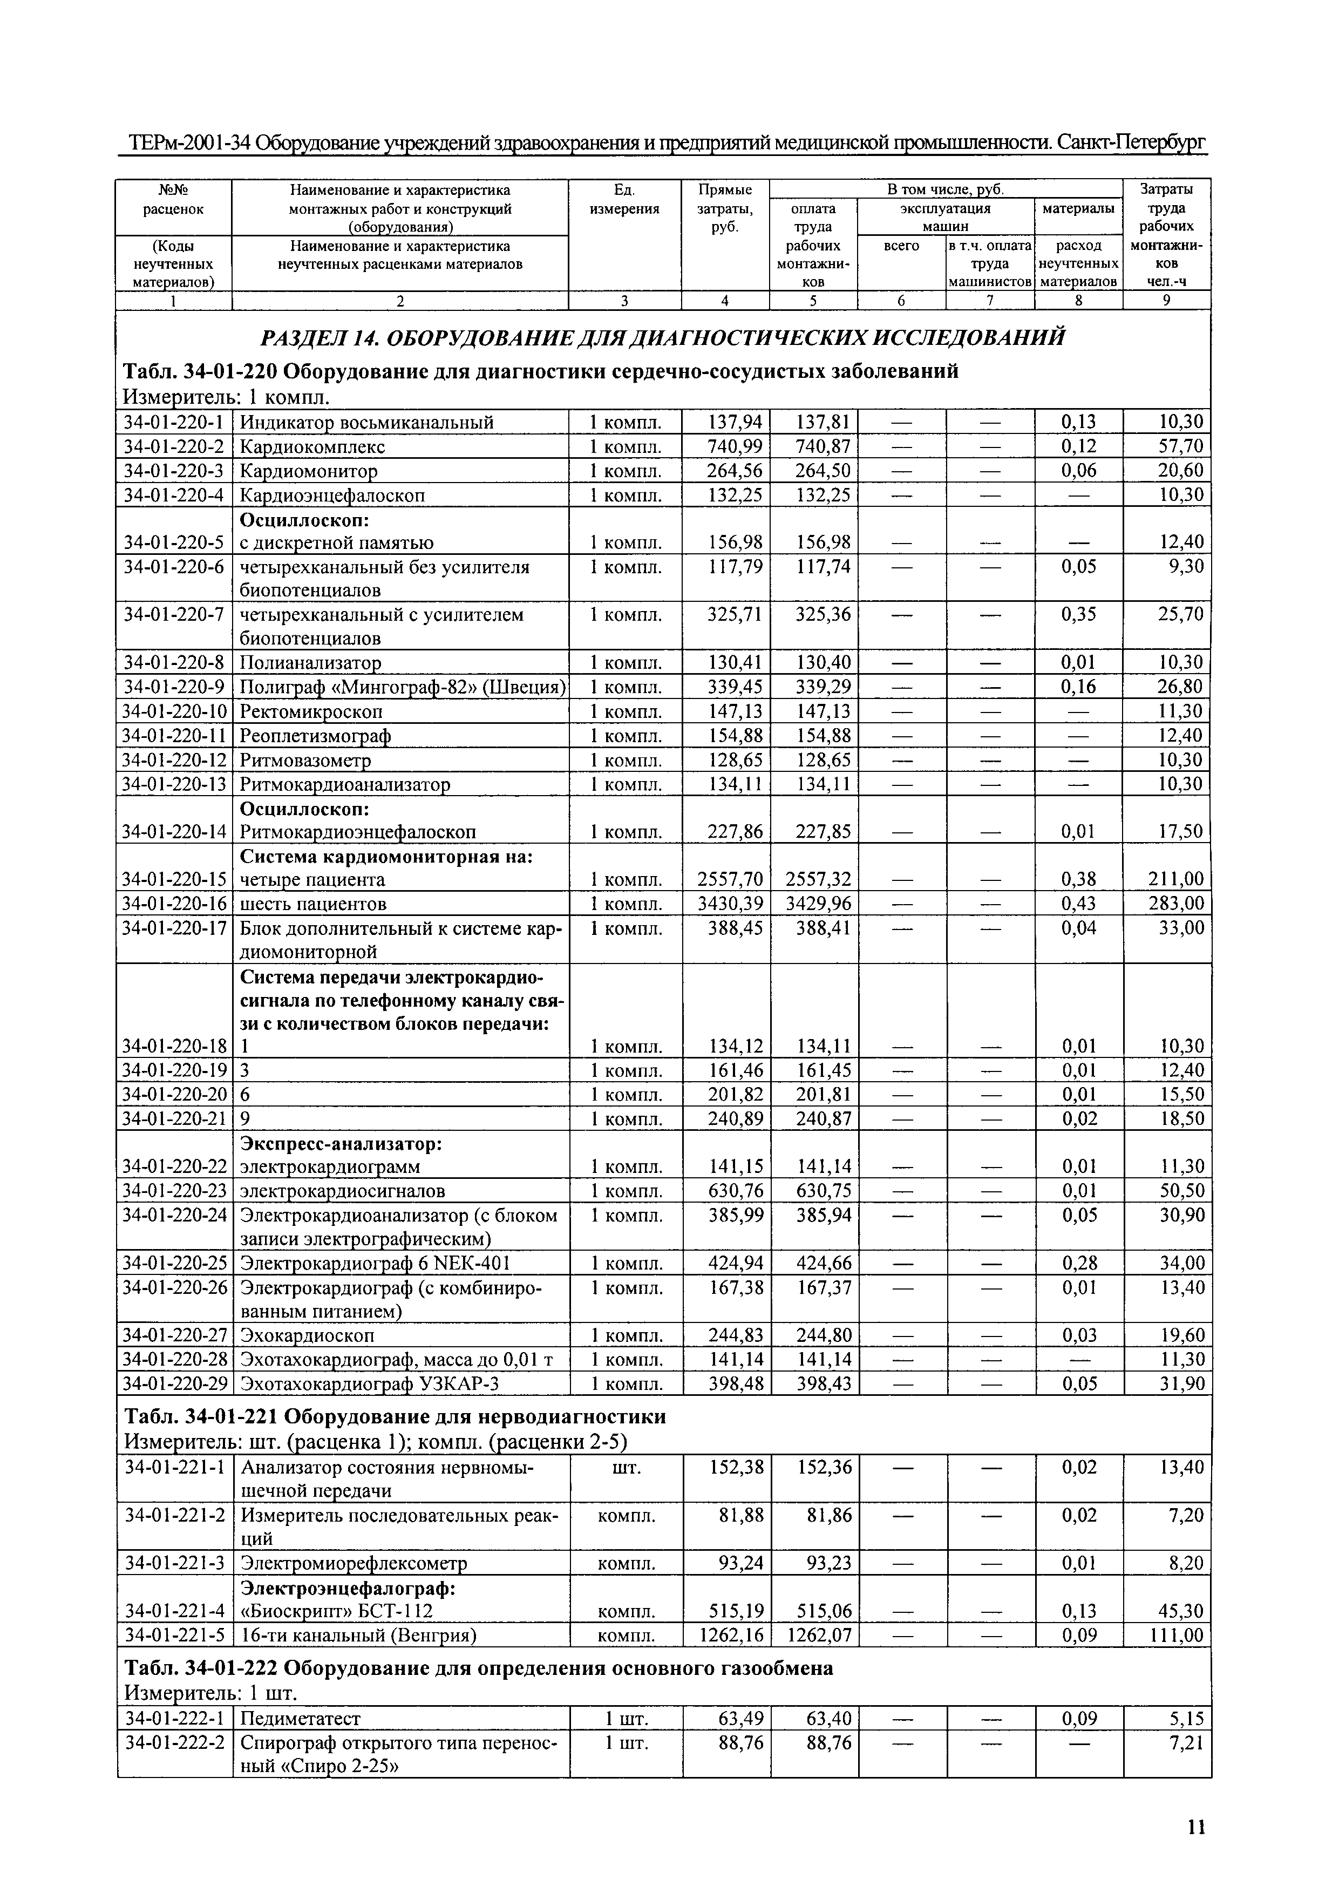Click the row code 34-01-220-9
click(x=174, y=687)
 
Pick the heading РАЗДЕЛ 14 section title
click(x=662, y=337)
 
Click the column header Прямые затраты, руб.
click(x=725, y=208)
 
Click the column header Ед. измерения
click(x=624, y=200)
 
